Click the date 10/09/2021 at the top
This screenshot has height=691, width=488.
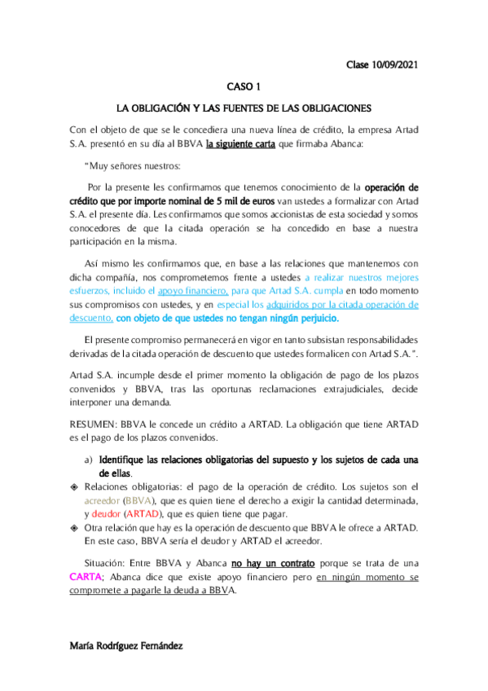coord(396,64)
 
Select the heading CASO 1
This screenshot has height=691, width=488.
coord(244,86)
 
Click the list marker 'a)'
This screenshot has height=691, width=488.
coord(90,460)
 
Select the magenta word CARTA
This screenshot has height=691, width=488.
coord(87,578)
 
